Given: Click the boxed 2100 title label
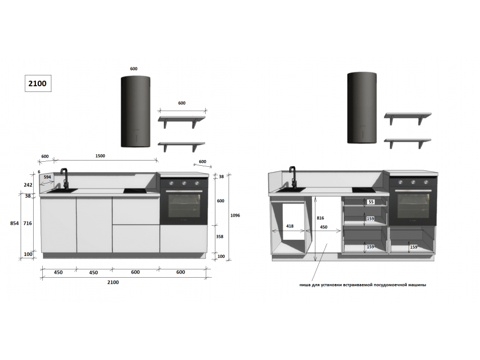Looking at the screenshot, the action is (38, 83).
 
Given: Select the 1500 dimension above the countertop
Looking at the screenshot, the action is (100, 156).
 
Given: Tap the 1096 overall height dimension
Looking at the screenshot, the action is (235, 215).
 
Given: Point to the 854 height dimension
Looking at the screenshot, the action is (14, 223).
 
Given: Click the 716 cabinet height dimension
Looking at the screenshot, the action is (27, 223).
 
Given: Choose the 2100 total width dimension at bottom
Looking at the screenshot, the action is (113, 282).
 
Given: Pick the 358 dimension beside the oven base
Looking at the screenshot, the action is (220, 237).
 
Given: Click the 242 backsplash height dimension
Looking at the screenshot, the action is (28, 185).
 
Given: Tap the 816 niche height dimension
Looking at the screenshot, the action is (320, 218).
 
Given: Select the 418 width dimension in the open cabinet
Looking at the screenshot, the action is (290, 226).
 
